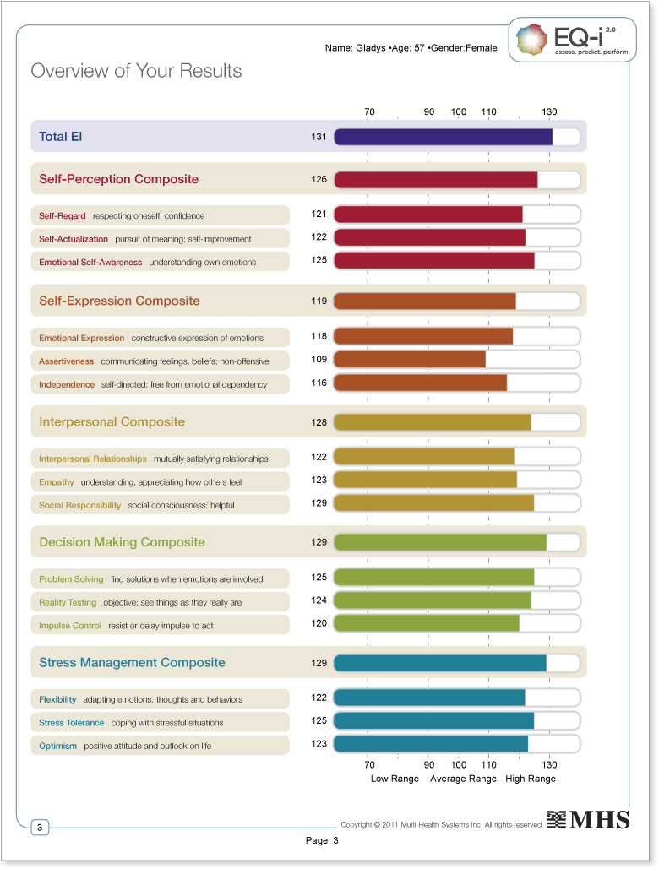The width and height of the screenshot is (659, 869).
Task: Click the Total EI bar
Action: tap(444, 137)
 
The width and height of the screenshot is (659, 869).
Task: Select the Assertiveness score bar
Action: tap(410, 360)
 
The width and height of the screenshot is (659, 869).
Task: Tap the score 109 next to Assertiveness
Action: tap(319, 360)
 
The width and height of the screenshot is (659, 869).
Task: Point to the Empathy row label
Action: tap(57, 482)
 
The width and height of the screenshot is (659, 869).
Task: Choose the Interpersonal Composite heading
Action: tap(112, 422)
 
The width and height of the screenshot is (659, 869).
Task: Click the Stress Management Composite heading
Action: tap(132, 663)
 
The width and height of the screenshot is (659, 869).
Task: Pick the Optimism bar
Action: tap(431, 744)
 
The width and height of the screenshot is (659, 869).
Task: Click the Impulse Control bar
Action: tap(427, 623)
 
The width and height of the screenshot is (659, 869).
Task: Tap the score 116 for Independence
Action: tap(319, 383)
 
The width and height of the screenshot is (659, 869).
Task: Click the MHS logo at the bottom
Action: tap(588, 820)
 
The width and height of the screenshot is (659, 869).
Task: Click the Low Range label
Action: tap(395, 779)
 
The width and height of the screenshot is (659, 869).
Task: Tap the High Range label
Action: tap(531, 779)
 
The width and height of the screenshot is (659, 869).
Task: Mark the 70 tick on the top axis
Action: tap(369, 112)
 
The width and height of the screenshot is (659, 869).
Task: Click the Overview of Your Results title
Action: tap(136, 71)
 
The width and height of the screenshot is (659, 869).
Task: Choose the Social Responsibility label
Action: tap(80, 505)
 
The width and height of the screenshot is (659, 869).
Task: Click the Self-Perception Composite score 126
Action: tap(319, 179)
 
